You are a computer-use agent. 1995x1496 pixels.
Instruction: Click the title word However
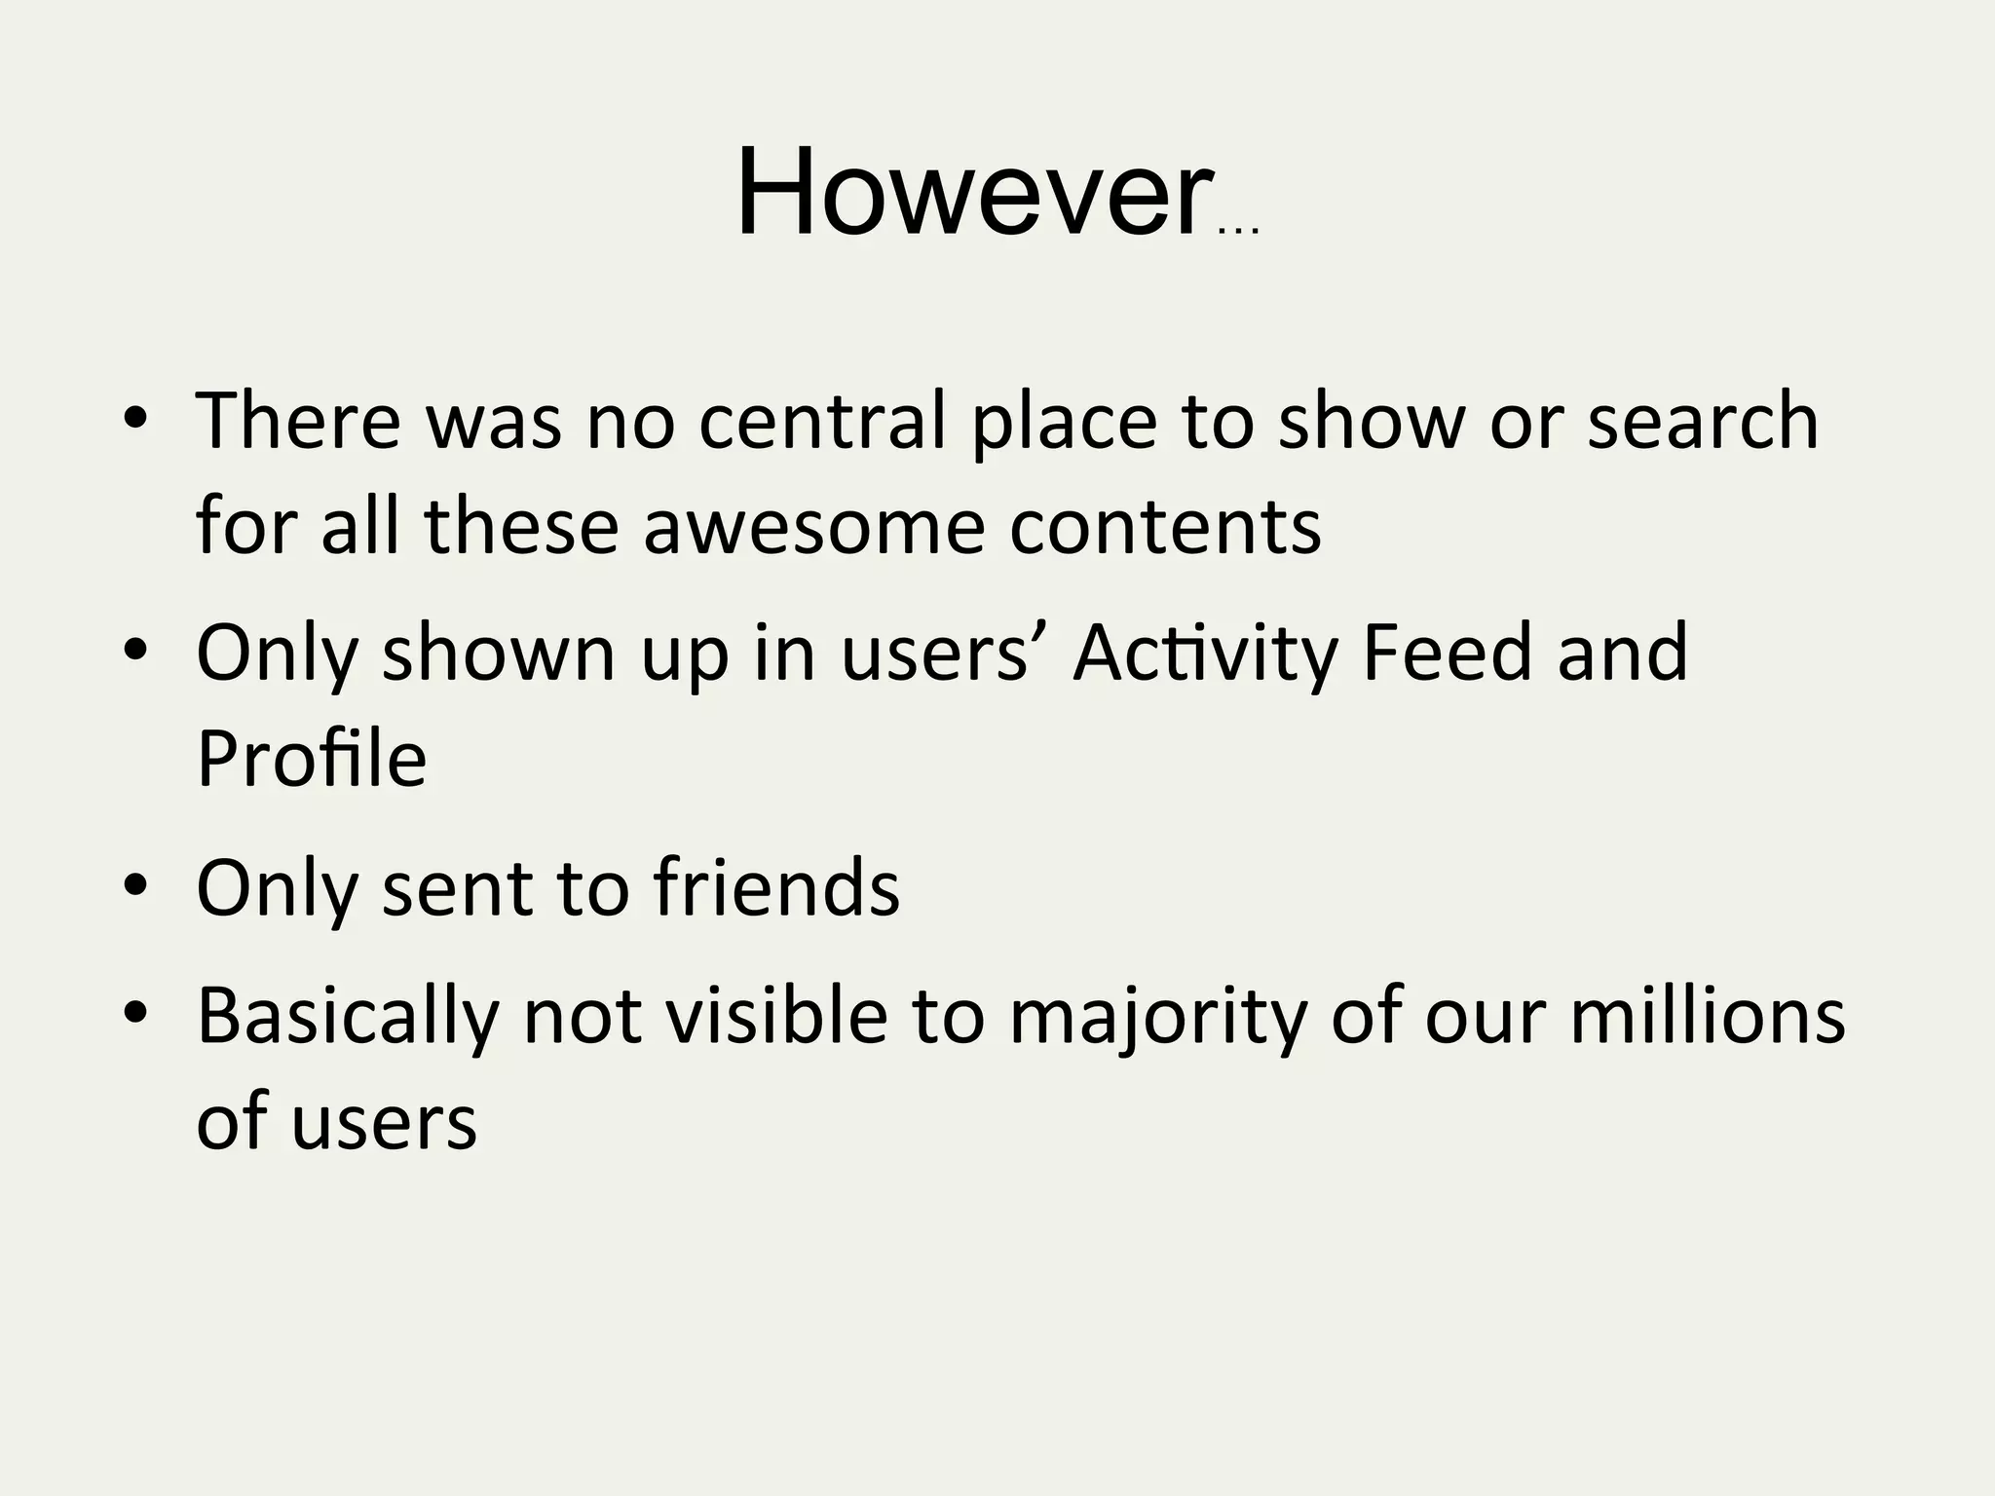pos(974,192)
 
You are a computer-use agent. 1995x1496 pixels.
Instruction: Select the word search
pos(1703,421)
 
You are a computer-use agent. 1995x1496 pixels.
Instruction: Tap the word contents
pos(1165,526)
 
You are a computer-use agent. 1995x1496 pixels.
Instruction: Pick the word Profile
pos(312,759)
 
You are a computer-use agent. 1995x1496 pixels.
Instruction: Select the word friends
pos(776,887)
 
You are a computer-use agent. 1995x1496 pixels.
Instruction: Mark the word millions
pos(1708,1015)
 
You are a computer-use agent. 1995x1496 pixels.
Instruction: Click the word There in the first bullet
pos(298,421)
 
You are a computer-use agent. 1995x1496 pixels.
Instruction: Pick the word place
pos(1065,423)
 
